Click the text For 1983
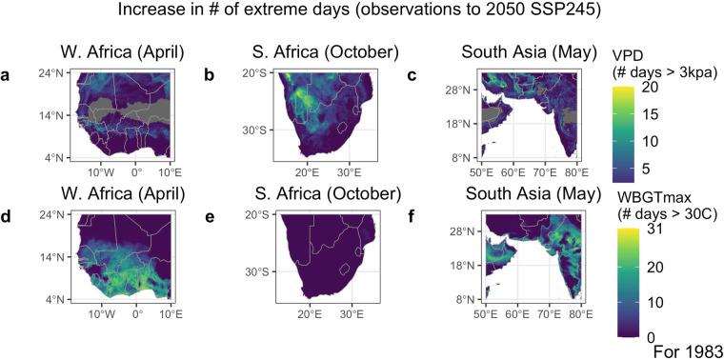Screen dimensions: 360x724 [x=688, y=350]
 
